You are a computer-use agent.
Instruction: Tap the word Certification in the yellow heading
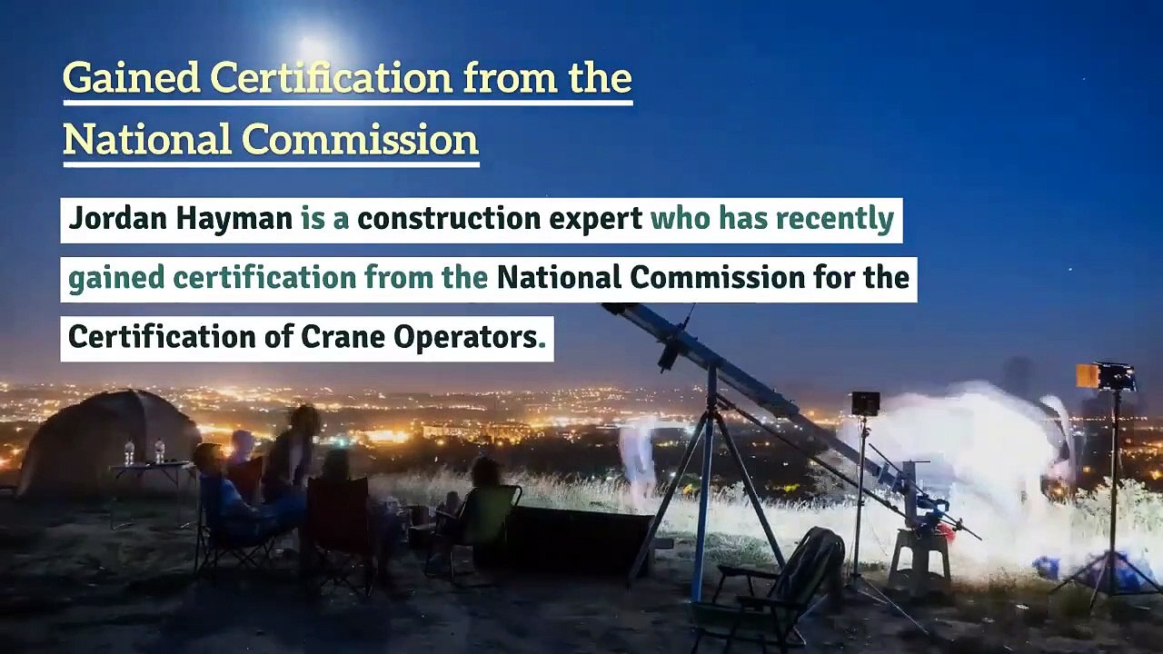pos(331,79)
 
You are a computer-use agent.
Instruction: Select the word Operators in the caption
pos(464,338)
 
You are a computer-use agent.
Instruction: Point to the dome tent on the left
pos(104,436)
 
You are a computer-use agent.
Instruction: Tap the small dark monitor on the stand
pos(865,403)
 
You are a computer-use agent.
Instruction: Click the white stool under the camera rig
pos(919,554)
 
